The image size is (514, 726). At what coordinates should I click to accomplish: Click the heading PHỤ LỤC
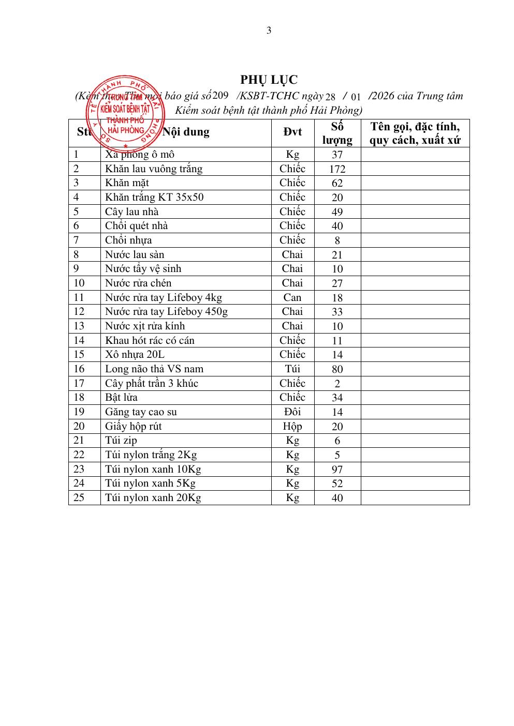[x=269, y=80]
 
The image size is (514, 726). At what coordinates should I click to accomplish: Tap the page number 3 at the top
[x=269, y=31]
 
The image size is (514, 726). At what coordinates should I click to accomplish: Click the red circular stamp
[x=126, y=113]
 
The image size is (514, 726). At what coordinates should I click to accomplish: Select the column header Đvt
[x=292, y=132]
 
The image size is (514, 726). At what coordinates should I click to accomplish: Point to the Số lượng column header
[x=337, y=133]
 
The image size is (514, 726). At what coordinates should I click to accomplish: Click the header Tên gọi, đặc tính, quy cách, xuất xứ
[x=415, y=133]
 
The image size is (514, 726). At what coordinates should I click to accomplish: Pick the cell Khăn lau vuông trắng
[x=154, y=169]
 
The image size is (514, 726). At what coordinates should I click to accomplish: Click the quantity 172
[x=337, y=169]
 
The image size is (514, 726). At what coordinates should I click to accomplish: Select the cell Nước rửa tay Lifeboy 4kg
[x=164, y=297]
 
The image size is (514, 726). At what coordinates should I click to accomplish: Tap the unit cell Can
[x=292, y=297]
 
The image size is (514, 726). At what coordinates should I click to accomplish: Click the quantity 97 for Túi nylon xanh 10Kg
[x=337, y=470]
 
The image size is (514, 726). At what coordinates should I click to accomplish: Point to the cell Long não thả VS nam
[x=154, y=369]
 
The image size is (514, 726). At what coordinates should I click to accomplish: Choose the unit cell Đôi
[x=292, y=412]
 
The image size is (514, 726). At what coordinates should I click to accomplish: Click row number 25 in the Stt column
[x=79, y=497]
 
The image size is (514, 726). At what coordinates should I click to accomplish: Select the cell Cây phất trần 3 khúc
[x=152, y=383]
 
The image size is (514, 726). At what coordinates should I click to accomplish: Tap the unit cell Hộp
[x=292, y=426]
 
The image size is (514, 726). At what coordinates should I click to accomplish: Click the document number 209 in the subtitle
[x=221, y=95]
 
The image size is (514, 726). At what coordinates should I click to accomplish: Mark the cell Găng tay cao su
[x=141, y=412]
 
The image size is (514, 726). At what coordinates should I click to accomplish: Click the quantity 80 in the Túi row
[x=337, y=369]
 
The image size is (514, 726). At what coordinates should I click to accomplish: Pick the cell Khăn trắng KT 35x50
[x=154, y=197]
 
